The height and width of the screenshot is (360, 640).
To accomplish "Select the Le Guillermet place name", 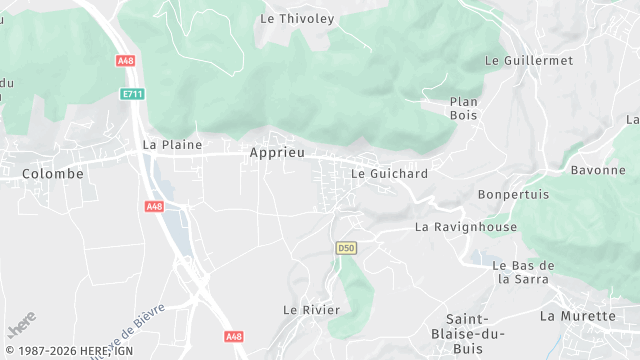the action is (x=529, y=60).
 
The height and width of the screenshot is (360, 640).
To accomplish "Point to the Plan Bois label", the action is (x=464, y=108).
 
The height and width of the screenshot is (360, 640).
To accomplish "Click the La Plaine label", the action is (x=172, y=144).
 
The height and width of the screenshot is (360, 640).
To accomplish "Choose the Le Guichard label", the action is (x=390, y=173).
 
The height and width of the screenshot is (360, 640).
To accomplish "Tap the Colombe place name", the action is (x=53, y=173).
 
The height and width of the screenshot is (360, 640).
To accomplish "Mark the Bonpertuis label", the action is (x=514, y=194).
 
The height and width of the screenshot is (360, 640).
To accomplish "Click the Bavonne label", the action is (x=598, y=170).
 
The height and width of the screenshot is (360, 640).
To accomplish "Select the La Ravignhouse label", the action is (x=466, y=227).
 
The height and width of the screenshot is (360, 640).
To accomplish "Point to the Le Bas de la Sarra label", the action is (x=524, y=272).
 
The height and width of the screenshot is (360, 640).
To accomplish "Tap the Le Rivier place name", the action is (x=311, y=309).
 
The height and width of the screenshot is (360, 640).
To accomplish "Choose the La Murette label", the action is (x=578, y=316).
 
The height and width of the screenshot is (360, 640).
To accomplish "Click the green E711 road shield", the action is (x=132, y=94).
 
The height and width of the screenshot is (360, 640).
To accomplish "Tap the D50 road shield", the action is (x=346, y=247).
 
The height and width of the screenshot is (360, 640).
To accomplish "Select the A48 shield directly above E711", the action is (x=125, y=61).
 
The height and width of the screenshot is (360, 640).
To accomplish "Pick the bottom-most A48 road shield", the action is (x=234, y=337).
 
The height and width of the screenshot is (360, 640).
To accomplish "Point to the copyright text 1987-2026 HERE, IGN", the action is (x=68, y=351).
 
